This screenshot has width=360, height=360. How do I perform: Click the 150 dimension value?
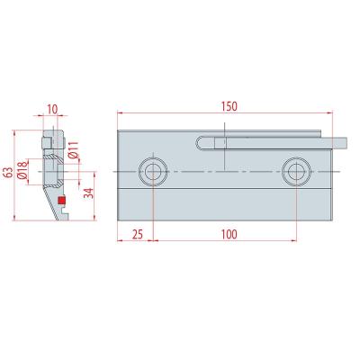(229, 106)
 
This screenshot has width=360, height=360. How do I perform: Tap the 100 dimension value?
(229, 234)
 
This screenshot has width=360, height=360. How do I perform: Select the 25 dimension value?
(138, 234)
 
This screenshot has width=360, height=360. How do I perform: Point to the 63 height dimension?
(9, 173)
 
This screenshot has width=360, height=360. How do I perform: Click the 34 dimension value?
(89, 193)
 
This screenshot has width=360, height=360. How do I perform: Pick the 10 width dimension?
(52, 110)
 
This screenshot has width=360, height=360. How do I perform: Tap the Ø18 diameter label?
(22, 170)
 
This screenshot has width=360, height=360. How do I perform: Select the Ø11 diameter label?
(73, 150)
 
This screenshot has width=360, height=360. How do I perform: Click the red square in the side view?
(61, 200)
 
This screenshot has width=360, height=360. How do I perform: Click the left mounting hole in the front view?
(153, 172)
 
